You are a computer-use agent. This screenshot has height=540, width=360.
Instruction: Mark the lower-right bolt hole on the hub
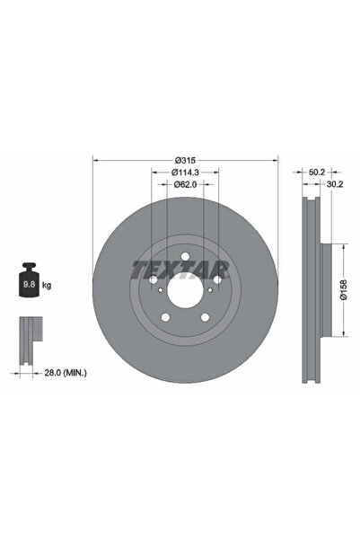coord(204,317)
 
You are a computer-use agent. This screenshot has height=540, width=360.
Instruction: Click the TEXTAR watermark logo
coord(184,269)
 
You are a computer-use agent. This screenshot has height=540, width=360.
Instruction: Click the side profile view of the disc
coord(311,291)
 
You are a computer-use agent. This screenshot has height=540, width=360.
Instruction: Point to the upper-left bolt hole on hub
coord(154,281)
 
